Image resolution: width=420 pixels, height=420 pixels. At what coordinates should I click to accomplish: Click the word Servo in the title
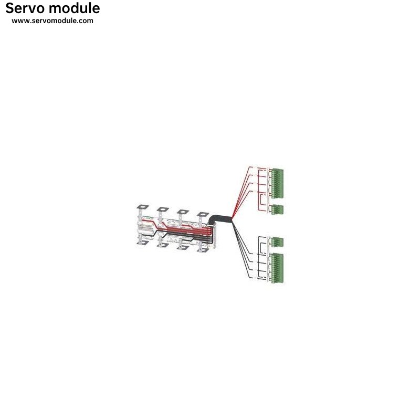[25, 8]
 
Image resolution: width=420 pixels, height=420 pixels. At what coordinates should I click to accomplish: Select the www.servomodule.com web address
[52, 21]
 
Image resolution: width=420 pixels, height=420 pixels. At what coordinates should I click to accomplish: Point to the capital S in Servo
[10, 8]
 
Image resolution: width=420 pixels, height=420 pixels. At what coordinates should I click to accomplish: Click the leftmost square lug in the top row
[143, 207]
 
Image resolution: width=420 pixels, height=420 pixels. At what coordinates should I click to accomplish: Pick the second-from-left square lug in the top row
[163, 209]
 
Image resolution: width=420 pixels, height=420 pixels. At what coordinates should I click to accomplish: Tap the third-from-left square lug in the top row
[183, 212]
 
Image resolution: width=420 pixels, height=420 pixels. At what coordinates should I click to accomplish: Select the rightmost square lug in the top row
[203, 214]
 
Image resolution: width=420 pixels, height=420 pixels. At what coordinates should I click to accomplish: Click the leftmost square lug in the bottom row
[143, 243]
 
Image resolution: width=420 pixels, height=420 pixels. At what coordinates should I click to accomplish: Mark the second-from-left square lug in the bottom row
[163, 245]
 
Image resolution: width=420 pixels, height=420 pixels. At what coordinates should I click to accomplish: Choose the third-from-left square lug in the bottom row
[183, 247]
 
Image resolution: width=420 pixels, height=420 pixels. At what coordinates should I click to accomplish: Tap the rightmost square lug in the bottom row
[203, 250]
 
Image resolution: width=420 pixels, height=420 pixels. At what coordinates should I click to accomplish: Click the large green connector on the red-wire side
[277, 183]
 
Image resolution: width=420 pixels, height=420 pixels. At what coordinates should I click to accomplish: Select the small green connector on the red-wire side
[277, 209]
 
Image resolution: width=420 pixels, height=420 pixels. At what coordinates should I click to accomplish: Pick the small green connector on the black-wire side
[277, 242]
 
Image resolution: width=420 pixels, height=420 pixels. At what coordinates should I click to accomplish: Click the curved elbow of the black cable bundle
[212, 219]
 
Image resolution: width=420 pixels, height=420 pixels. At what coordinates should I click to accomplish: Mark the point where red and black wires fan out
[233, 219]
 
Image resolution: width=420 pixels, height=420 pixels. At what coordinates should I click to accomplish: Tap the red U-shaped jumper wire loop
[264, 200]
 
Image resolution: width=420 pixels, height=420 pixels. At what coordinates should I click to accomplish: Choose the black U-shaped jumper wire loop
[264, 248]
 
